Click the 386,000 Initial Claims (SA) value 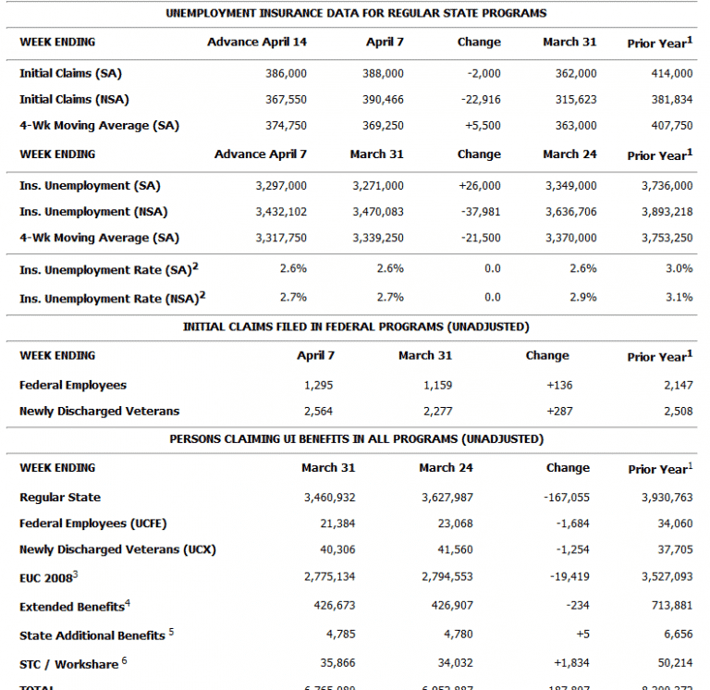(285, 73)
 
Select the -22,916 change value (479, 99)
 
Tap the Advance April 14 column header (257, 43)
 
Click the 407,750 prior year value (671, 126)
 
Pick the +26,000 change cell (479, 186)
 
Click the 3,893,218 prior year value (667, 212)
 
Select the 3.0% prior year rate (679, 268)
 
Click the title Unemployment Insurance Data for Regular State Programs (356, 13)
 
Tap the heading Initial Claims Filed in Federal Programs (356, 327)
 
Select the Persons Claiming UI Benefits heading (356, 439)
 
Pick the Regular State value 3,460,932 (329, 498)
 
